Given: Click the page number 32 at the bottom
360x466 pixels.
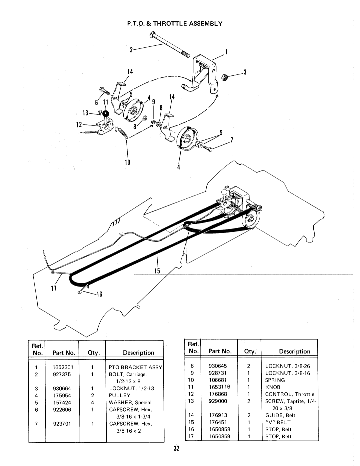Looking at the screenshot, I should click(x=176, y=448).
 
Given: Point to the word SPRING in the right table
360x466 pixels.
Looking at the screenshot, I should click(x=275, y=380).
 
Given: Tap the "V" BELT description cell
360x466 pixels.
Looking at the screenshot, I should click(x=278, y=422).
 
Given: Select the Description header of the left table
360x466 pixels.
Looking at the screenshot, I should click(x=139, y=352).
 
